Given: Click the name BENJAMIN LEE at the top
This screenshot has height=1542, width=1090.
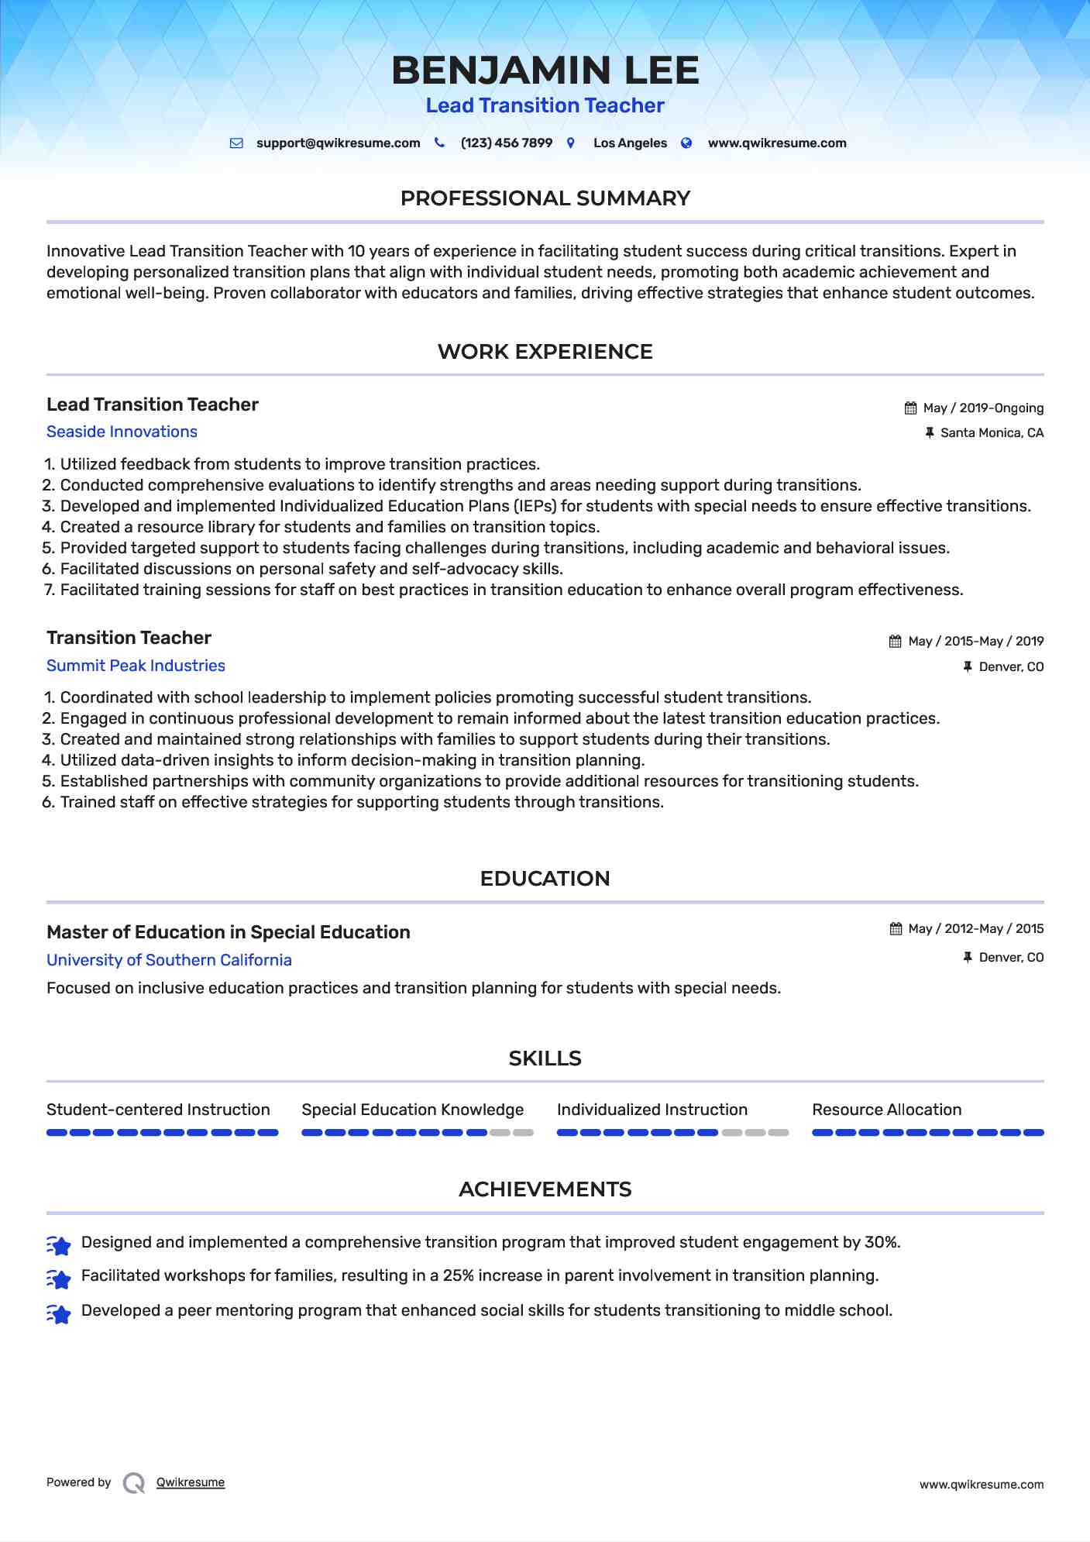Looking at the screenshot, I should tap(545, 71).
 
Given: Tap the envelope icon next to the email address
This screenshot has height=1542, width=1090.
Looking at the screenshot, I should tap(237, 143).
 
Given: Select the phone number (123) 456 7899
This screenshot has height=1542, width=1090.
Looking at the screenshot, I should tap(506, 143).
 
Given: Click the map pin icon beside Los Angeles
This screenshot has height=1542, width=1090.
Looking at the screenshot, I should tap(571, 143).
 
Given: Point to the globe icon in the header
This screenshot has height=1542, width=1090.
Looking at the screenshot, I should tap(686, 143).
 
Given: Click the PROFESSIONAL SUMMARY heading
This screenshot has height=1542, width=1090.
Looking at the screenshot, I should tap(545, 198).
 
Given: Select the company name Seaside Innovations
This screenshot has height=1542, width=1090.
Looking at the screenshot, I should tap(122, 432).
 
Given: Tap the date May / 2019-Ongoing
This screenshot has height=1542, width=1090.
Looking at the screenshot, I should tap(983, 408).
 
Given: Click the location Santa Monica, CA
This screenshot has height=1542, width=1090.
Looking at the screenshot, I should tap(992, 433).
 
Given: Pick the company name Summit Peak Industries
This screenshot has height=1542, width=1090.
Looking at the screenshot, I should tap(136, 666).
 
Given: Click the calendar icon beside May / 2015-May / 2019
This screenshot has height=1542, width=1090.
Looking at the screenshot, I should tap(896, 642).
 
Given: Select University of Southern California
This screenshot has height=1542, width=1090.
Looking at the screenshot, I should tap(169, 960).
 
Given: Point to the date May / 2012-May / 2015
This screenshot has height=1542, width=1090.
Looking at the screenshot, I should tap(975, 929).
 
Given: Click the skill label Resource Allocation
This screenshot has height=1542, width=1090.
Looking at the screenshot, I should tap(886, 1110).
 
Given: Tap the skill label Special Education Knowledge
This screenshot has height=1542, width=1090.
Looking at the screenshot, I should tap(412, 1110).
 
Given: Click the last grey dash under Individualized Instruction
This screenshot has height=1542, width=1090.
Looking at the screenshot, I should tap(779, 1133).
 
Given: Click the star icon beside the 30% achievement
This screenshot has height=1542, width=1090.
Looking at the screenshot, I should tap(59, 1245).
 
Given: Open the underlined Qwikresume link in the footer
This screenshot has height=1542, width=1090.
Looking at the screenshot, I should tap(191, 1482).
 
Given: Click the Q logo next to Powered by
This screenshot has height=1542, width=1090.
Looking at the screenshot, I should tap(134, 1483).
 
